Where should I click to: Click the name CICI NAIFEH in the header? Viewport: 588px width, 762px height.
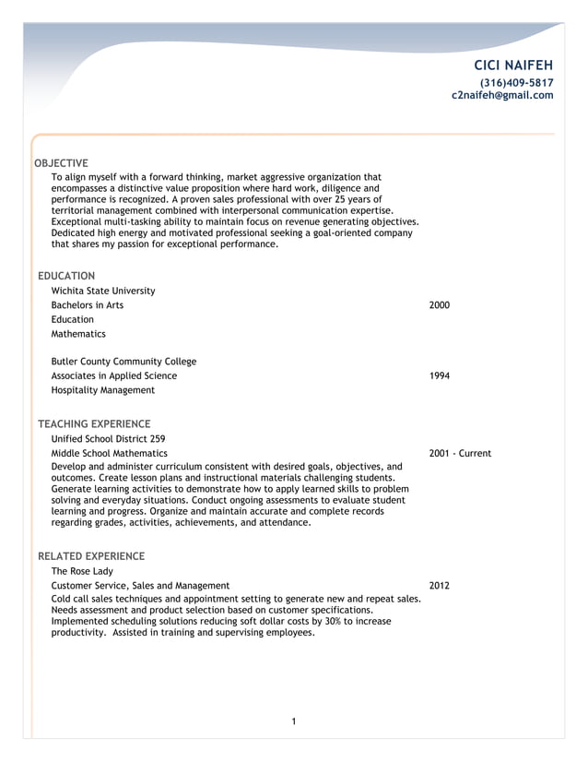[x=513, y=65]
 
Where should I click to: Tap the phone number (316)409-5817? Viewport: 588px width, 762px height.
[x=516, y=82]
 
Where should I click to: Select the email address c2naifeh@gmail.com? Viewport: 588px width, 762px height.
[x=502, y=95]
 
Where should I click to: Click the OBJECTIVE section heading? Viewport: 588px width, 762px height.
[x=61, y=163]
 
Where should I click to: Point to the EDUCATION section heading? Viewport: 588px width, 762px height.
[x=66, y=276]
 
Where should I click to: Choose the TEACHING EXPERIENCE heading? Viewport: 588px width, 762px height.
[x=94, y=423]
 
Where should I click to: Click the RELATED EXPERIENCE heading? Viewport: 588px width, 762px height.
[x=91, y=556]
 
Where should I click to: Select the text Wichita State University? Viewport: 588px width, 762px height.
[x=103, y=291]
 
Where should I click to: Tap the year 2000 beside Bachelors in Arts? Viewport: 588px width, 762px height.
[x=440, y=305]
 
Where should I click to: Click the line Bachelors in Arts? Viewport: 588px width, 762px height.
[x=88, y=305]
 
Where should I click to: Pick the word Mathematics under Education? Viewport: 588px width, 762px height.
[x=78, y=334]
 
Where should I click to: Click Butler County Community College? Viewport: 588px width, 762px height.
[x=123, y=362]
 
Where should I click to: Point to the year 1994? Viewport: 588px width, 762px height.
[x=440, y=376]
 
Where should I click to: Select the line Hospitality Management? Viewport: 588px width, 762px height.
[x=103, y=390]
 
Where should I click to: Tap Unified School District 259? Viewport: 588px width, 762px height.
[x=109, y=439]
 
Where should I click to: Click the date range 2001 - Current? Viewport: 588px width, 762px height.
[x=460, y=454]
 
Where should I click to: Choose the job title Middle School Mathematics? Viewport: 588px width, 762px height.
[x=110, y=454]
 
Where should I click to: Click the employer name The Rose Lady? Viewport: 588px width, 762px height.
[x=82, y=571]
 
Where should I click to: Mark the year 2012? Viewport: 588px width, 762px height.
[x=440, y=586]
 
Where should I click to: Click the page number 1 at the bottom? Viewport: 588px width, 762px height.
[x=293, y=721]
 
